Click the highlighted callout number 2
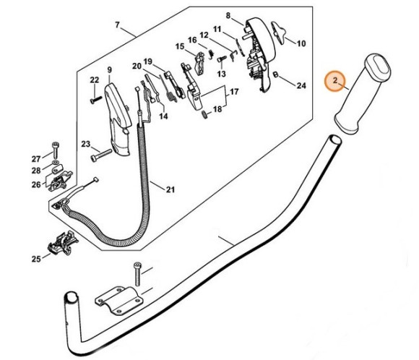pyautogui.click(x=334, y=82)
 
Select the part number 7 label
pyautogui.click(x=117, y=26)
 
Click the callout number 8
pyautogui.click(x=228, y=15)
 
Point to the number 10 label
pyautogui.click(x=301, y=43)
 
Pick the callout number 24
pyautogui.click(x=301, y=85)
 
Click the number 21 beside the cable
pyautogui.click(x=170, y=190)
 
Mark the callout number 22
pyautogui.click(x=94, y=80)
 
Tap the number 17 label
pyautogui.click(x=233, y=93)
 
